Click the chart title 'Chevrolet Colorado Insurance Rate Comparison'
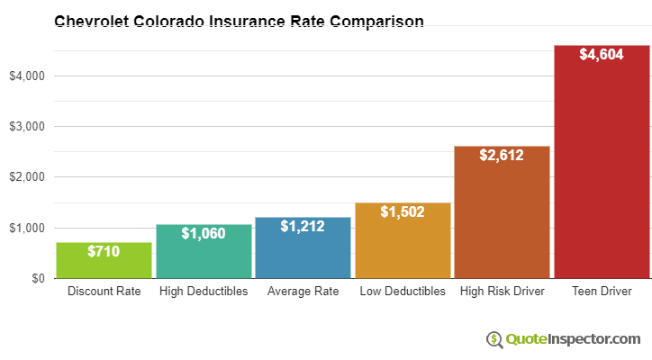pyautogui.click(x=239, y=21)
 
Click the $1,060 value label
pyautogui.click(x=204, y=234)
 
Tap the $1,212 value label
pyautogui.click(x=303, y=227)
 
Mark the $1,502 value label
pyautogui.click(x=403, y=212)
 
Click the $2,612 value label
pyautogui.click(x=502, y=156)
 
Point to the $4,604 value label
pyautogui.click(x=602, y=55)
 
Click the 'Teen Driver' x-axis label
pyautogui.click(x=602, y=292)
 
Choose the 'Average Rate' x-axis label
pyautogui.click(x=303, y=292)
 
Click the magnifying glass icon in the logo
pyautogui.click(x=494, y=339)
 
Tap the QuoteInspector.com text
pyautogui.click(x=573, y=339)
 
